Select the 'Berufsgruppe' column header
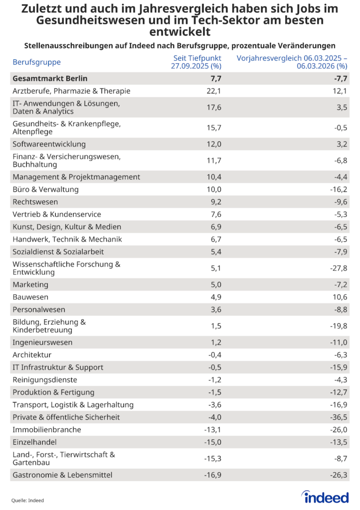[x=36, y=62]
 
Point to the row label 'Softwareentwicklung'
[x=49, y=144]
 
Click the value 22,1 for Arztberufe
[x=214, y=91]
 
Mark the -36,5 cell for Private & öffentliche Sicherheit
[x=338, y=417]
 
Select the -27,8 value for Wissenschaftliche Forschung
[x=338, y=268]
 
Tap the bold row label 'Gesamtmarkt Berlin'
[x=50, y=79]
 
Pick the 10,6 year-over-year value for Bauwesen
[x=340, y=297]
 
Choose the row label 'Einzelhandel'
[x=35, y=442]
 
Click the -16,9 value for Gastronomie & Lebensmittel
[x=212, y=475]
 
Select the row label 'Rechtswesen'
[x=35, y=202]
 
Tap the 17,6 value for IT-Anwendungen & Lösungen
[x=214, y=108]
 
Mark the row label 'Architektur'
[x=32, y=355]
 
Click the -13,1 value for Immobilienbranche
[x=212, y=430]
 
